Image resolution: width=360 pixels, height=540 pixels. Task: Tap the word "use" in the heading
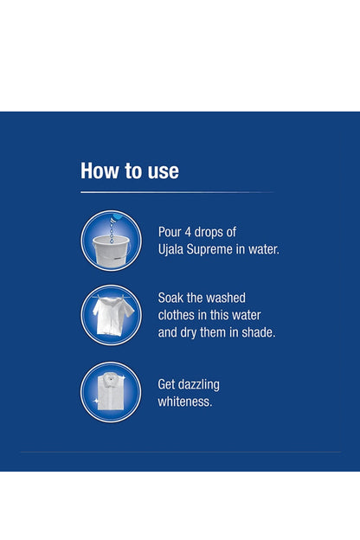pos(162,171)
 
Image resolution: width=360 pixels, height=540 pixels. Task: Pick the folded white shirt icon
pos(111,392)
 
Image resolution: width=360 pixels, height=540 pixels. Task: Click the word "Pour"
pos(170,232)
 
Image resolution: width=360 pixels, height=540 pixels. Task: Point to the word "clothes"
pos(180,315)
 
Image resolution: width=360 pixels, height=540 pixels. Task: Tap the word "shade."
pos(255,332)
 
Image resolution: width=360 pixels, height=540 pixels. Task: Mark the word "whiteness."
pos(186,402)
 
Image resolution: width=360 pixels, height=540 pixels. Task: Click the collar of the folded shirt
pos(111,375)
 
